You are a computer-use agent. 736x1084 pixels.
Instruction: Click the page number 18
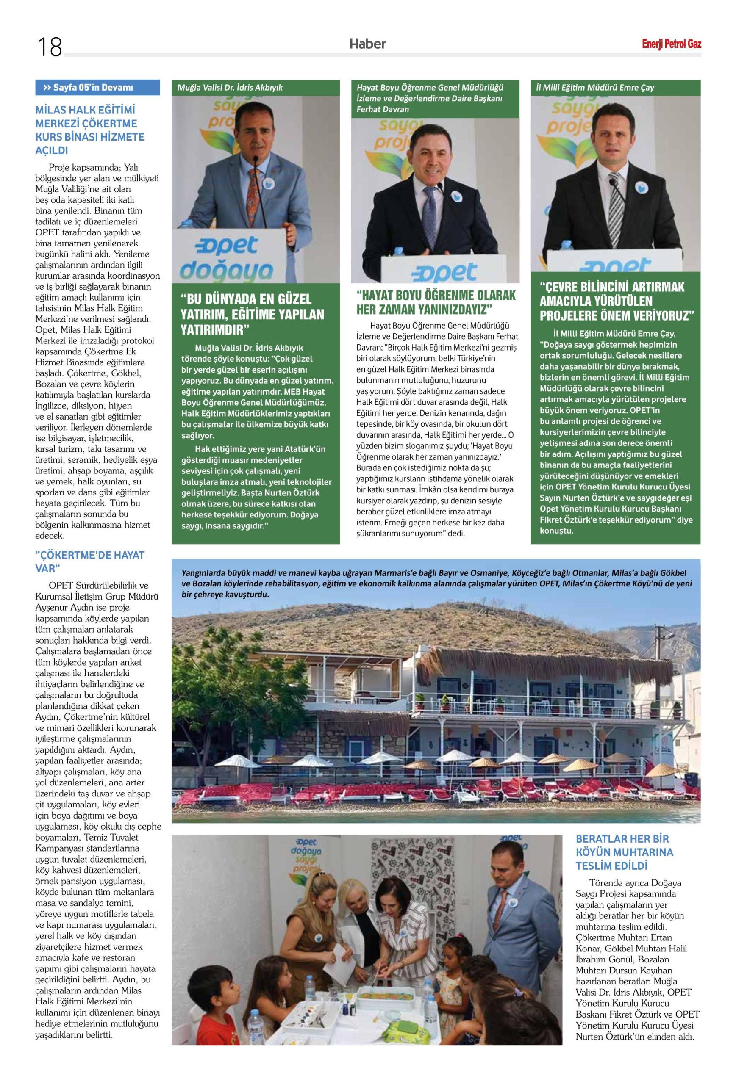tap(50, 47)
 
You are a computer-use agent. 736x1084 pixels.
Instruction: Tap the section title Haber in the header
tap(368, 44)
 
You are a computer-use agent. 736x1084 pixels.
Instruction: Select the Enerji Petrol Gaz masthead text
tap(671, 44)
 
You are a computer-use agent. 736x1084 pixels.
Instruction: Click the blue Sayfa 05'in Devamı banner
tap(97, 88)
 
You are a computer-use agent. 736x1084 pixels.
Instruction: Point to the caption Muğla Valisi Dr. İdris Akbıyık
tap(230, 88)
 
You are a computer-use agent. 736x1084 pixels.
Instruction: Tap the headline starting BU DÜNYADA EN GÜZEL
tap(252, 314)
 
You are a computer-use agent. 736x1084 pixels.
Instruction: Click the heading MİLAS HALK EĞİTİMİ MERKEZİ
tap(89, 130)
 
